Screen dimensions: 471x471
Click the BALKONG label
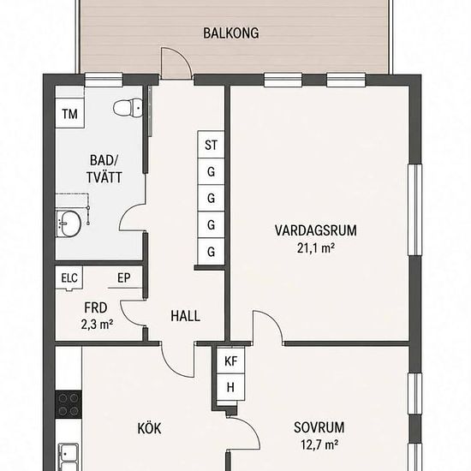pyautogui.click(x=230, y=33)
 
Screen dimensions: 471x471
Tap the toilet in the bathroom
pyautogui.click(x=128, y=107)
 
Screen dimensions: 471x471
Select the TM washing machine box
pyautogui.click(x=69, y=113)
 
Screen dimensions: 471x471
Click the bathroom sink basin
pyautogui.click(x=69, y=224)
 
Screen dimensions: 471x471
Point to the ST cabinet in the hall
pyautogui.click(x=211, y=145)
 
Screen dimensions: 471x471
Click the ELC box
pyautogui.click(x=69, y=277)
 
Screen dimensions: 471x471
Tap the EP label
pyautogui.click(x=124, y=277)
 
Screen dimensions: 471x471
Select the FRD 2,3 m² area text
pyautogui.click(x=97, y=316)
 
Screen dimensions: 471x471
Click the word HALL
pyautogui.click(x=185, y=316)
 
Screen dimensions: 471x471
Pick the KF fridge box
pyautogui.click(x=230, y=361)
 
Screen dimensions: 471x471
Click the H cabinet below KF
pyautogui.click(x=230, y=387)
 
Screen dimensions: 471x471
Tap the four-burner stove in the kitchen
pyautogui.click(x=69, y=404)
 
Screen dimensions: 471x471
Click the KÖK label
pyautogui.click(x=149, y=428)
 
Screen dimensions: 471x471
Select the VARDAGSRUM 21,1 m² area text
pyautogui.click(x=316, y=239)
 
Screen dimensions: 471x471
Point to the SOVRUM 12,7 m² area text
pyautogui.click(x=319, y=435)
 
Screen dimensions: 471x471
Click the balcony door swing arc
pyautogui.click(x=184, y=57)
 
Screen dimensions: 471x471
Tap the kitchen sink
pyautogui.click(x=69, y=456)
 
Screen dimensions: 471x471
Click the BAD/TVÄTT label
pyautogui.click(x=104, y=169)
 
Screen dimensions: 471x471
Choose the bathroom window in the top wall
pyautogui.click(x=104, y=80)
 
